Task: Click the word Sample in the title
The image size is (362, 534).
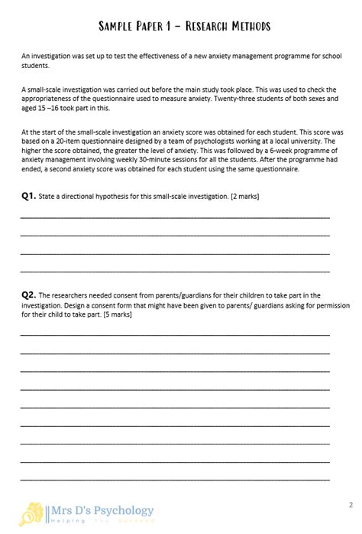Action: click(114, 27)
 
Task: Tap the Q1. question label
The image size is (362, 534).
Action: click(28, 197)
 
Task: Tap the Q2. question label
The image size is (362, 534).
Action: click(28, 295)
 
